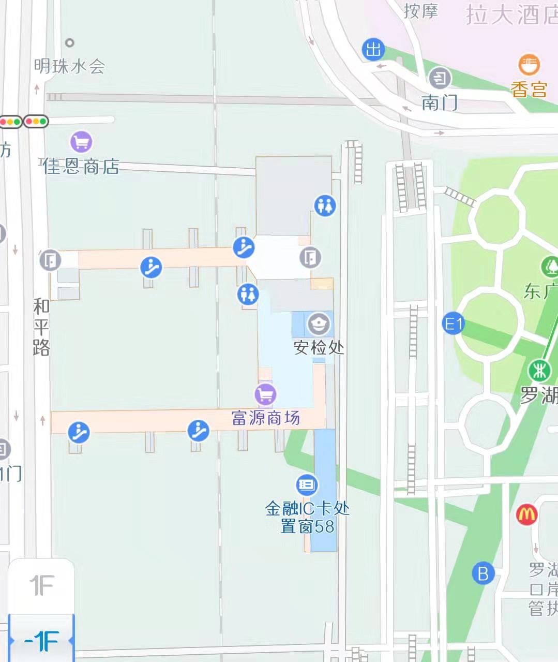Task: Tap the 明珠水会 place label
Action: tap(69, 66)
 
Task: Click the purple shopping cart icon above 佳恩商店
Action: tap(81, 141)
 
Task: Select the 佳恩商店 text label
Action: tap(81, 167)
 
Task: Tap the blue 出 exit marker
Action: tap(373, 50)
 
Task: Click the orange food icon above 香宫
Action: tap(529, 65)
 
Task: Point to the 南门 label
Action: tap(439, 102)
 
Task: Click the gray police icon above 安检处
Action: tap(318, 324)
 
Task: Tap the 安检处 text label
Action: tap(319, 347)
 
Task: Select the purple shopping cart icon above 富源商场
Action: tap(265, 394)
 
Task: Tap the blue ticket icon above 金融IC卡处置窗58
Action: tap(307, 484)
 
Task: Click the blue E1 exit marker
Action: tap(454, 324)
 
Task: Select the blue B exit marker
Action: tap(483, 573)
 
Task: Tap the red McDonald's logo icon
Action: tap(526, 514)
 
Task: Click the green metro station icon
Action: tap(539, 371)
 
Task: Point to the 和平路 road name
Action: tap(41, 327)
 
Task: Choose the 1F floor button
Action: tap(41, 586)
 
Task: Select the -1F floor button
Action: tap(41, 641)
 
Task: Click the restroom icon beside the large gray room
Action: tap(325, 205)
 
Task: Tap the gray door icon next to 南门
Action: tap(440, 78)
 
